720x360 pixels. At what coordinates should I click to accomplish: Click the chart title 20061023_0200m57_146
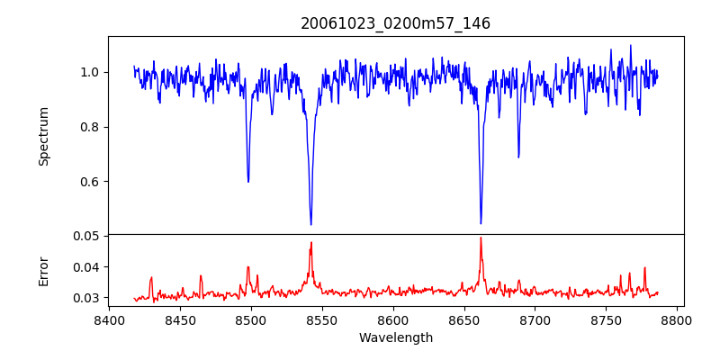point(395,23)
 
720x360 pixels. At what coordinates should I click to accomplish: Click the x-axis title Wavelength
point(395,337)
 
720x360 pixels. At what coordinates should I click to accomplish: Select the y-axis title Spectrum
point(43,136)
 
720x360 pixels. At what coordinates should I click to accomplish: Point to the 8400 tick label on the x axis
point(109,319)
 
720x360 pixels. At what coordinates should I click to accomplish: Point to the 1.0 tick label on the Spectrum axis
point(88,72)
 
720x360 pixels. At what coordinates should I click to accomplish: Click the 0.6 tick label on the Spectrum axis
point(88,181)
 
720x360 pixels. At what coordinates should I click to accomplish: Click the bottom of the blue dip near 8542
point(310,224)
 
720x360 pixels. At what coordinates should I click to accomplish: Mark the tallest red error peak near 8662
point(481,238)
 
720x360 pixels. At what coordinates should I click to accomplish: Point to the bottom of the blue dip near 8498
point(248,182)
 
